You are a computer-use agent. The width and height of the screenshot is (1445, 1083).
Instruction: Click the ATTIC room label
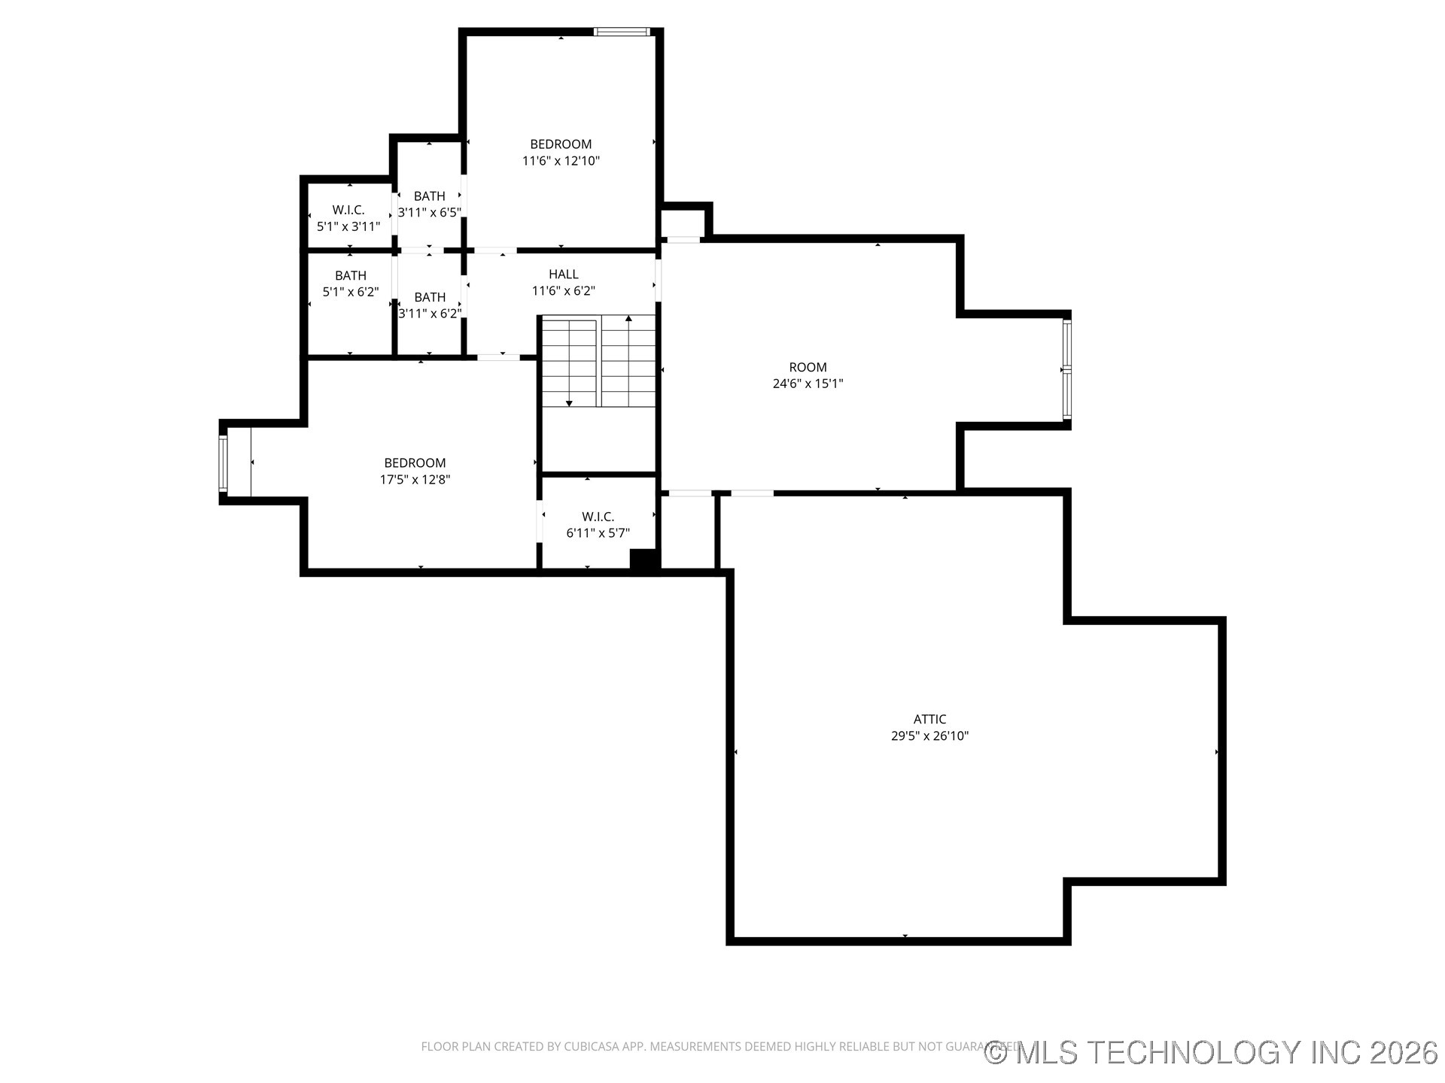(x=929, y=720)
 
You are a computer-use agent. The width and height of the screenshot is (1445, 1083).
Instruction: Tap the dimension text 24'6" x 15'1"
(x=808, y=384)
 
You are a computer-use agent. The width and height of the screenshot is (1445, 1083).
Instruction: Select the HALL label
(x=563, y=275)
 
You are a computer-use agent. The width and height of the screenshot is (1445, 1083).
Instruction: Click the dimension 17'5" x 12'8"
(x=415, y=480)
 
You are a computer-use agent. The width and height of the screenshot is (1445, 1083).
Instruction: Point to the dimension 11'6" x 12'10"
(x=561, y=161)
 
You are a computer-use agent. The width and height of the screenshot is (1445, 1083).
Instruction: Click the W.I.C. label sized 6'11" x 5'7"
(x=598, y=517)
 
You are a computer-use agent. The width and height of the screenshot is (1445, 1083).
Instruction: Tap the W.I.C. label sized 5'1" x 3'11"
(x=348, y=211)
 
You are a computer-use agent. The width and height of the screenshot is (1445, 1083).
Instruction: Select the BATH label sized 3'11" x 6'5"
(x=429, y=196)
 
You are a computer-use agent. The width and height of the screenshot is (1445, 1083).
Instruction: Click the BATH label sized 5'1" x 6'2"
(x=351, y=276)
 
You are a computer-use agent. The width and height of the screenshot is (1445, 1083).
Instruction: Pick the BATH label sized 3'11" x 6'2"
(x=430, y=297)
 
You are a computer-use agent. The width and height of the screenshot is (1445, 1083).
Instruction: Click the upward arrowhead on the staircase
(x=628, y=319)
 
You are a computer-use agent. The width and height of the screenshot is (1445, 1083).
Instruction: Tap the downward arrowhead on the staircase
(x=569, y=404)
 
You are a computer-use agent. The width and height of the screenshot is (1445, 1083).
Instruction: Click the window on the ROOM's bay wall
(x=1066, y=370)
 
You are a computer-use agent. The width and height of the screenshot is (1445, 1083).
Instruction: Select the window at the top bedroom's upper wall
(x=622, y=32)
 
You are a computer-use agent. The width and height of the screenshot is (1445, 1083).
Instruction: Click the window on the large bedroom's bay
(x=223, y=463)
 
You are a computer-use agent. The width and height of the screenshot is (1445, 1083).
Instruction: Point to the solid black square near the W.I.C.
(x=643, y=560)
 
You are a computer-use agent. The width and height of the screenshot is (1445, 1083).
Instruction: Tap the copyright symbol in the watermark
(x=996, y=1053)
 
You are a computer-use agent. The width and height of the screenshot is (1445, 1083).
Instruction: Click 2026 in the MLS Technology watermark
(x=1404, y=1052)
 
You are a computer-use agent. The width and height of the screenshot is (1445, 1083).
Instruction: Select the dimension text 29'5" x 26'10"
(x=929, y=736)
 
